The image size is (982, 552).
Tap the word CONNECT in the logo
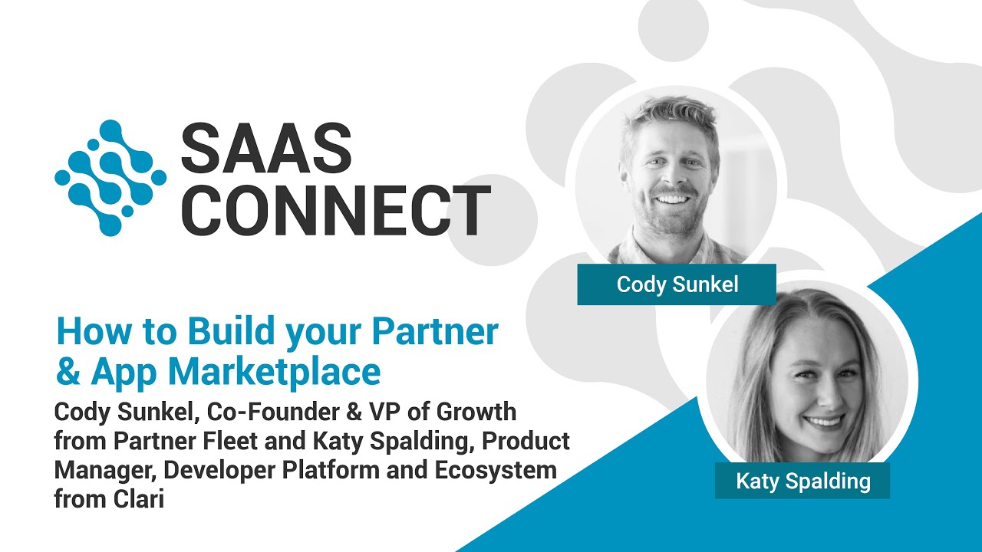pyautogui.click(x=335, y=210)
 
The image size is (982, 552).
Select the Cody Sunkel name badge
pyautogui.click(x=677, y=285)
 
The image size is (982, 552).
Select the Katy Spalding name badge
pyautogui.click(x=802, y=481)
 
